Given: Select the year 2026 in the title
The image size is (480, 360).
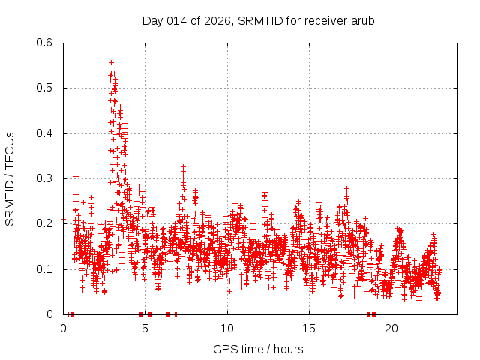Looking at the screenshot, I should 217,20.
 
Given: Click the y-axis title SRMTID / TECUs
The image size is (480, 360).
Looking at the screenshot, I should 10,178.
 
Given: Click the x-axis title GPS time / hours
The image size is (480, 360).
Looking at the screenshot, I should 258,349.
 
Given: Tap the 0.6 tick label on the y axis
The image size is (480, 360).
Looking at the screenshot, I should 45,43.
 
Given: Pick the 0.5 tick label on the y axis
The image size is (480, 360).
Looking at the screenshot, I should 45,88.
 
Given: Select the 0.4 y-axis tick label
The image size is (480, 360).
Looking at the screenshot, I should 45,133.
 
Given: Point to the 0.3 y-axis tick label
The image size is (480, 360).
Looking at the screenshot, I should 45,178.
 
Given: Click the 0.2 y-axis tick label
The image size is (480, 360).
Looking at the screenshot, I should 45,223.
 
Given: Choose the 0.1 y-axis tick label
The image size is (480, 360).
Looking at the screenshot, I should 45,268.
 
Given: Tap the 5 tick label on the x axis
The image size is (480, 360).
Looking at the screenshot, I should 145,328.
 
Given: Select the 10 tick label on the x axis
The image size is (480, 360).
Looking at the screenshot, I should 227,328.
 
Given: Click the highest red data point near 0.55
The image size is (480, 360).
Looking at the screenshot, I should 111,62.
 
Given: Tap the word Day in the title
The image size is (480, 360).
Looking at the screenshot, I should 152,20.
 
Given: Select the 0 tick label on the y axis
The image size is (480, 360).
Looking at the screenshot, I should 49,314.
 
